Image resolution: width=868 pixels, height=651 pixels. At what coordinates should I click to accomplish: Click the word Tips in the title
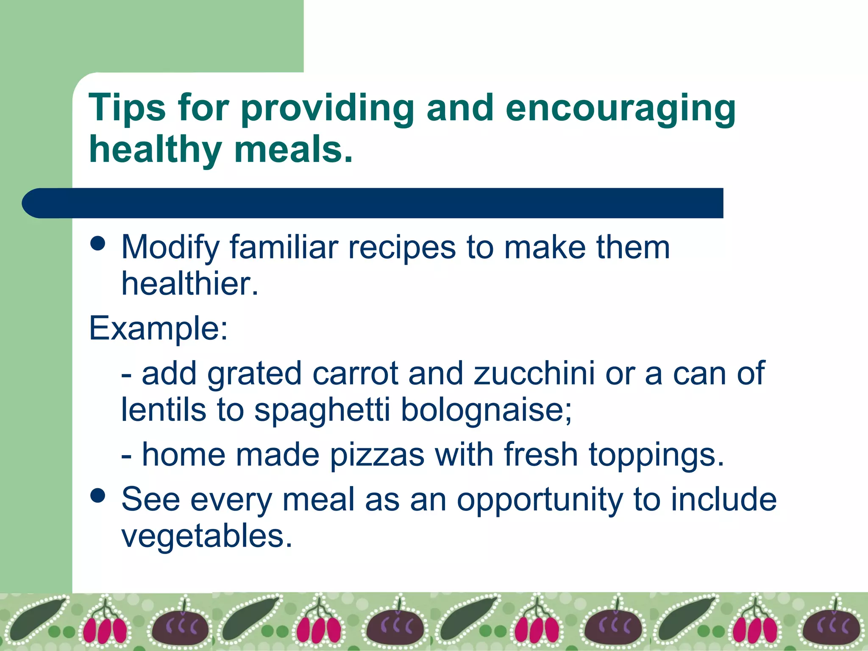127,108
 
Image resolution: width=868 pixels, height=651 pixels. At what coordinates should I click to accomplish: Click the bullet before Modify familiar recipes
98,244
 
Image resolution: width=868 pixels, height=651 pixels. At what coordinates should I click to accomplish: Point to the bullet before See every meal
98,495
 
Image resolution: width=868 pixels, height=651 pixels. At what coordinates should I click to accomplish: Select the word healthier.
189,284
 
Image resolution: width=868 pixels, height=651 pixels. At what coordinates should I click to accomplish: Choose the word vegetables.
207,537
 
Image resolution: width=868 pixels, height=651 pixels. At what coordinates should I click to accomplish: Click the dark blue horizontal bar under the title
373,203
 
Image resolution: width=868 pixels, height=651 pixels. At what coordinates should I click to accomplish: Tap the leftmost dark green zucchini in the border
36,619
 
